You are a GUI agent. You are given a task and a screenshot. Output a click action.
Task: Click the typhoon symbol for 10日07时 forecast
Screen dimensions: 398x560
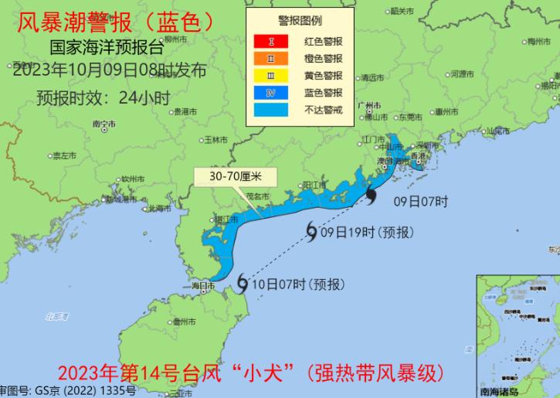pyautogui.click(x=243, y=284)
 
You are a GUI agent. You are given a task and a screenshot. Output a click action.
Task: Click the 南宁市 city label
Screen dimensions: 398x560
pyautogui.click(x=104, y=124)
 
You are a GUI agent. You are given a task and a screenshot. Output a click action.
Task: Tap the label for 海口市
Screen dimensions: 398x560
pyautogui.click(x=202, y=286)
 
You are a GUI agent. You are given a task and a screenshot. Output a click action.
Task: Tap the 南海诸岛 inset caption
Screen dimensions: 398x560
pyautogui.click(x=505, y=391)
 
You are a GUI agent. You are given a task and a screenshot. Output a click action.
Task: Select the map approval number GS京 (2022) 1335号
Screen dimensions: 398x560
pyautogui.click(x=74, y=390)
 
